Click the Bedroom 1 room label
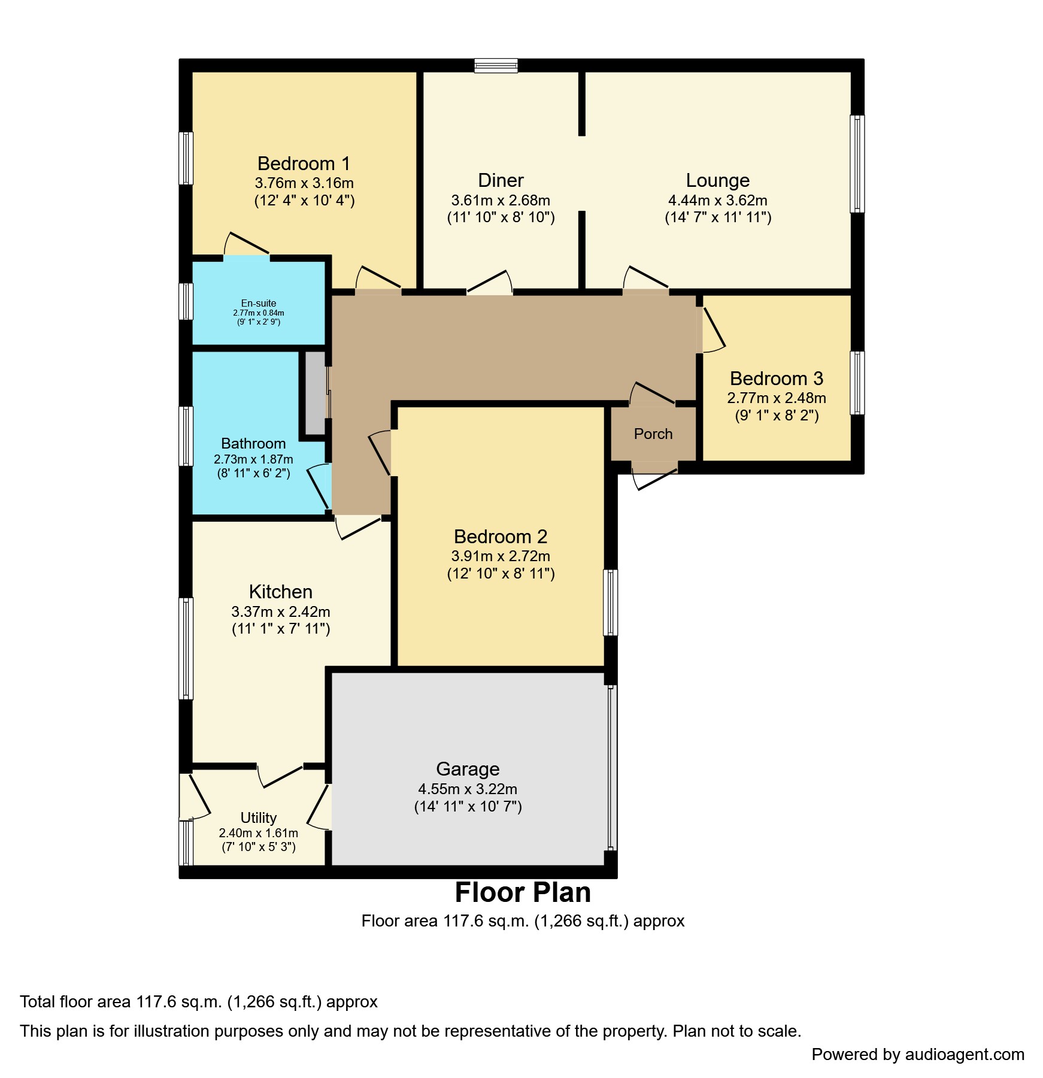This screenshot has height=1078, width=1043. coord(304,163)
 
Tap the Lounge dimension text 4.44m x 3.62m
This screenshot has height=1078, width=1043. coord(717,200)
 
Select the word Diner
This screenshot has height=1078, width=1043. coord(501,180)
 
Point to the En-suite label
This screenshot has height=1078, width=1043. coord(258,303)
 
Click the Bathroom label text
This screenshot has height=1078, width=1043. coord(253,443)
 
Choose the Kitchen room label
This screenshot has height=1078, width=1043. coord(280,592)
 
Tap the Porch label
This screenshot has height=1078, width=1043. coord(653,434)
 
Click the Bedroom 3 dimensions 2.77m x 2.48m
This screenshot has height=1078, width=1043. coord(776,398)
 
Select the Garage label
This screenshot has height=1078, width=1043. coord(467,768)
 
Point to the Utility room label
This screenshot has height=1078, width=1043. coord(258,817)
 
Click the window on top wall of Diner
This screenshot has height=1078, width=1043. coord(496,65)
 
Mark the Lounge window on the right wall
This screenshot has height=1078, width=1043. coord(857,163)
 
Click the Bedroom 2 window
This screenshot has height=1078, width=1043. coord(610,602)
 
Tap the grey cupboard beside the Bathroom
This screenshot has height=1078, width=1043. coord(315,393)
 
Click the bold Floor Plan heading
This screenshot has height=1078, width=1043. coord(522,892)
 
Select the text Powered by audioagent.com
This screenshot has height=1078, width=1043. coord(917,1054)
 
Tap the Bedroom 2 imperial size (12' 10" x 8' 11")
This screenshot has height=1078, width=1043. coord(501,573)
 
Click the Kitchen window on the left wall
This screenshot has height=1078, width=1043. coord(186,648)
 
